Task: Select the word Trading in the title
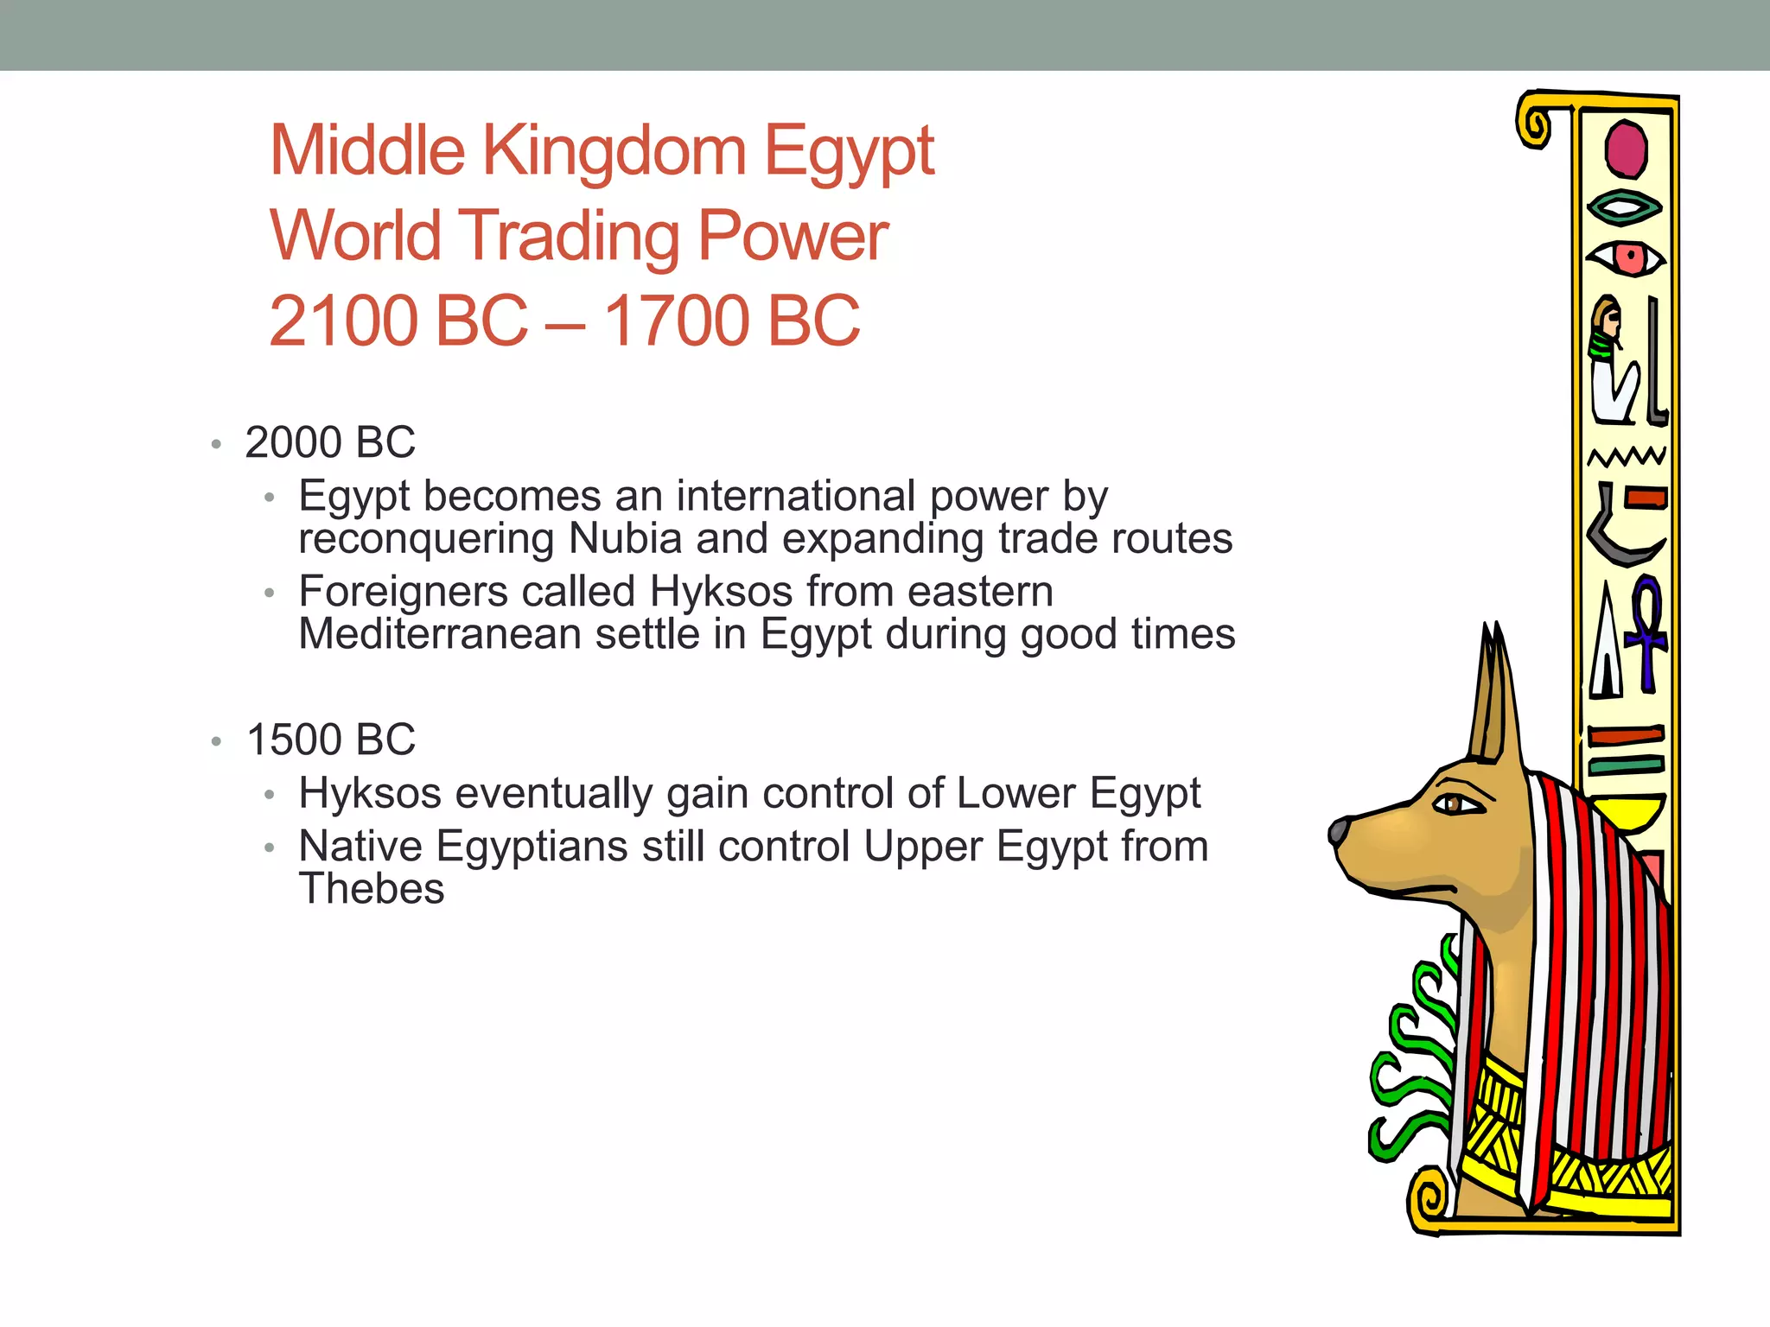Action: [x=570, y=236]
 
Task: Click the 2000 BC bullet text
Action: [x=330, y=442]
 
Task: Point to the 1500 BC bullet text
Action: [x=330, y=740]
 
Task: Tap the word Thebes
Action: [x=372, y=889]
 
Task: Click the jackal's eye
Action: [x=1458, y=804]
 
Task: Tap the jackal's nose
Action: [x=1339, y=831]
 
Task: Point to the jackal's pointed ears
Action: [x=1493, y=691]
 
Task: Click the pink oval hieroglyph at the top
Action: [x=1626, y=149]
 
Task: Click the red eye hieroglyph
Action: [x=1627, y=257]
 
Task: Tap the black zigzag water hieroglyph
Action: [x=1627, y=455]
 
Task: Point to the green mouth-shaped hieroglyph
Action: [x=1625, y=207]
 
